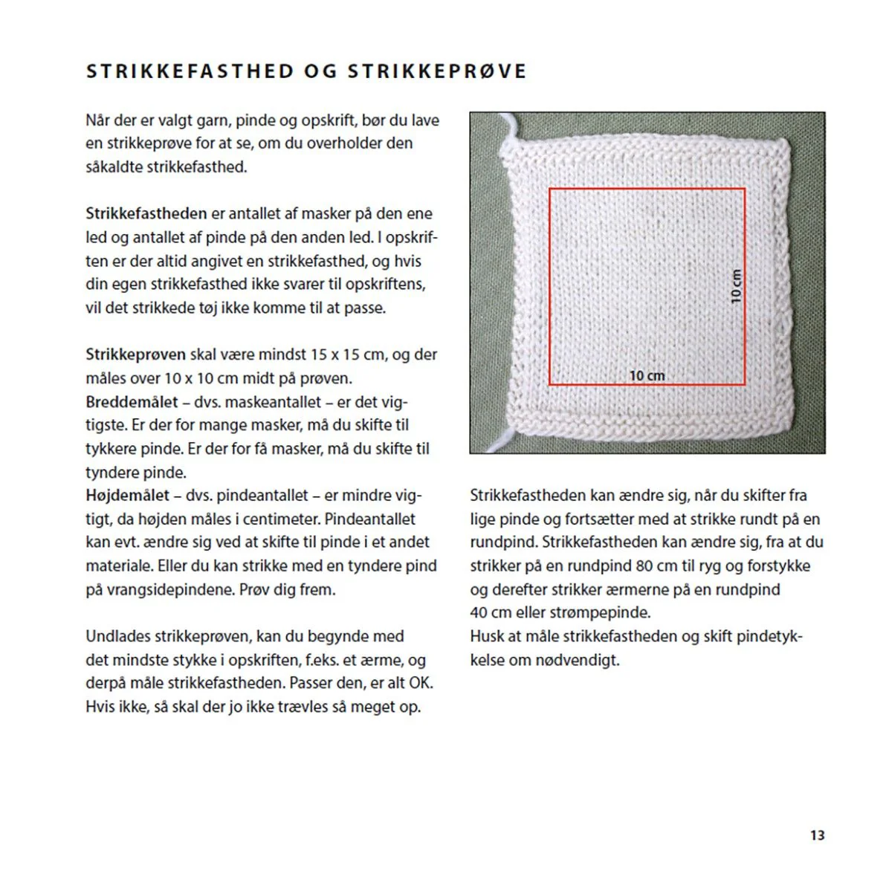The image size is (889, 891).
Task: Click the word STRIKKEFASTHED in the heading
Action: click(190, 71)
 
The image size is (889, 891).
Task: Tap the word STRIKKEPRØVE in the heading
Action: click(437, 71)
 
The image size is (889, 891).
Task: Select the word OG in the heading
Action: click(321, 71)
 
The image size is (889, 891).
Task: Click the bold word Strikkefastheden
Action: click(146, 214)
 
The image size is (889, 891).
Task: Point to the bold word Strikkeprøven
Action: click(135, 354)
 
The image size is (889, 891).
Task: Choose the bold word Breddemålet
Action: click(132, 402)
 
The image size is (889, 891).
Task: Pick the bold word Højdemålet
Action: click(128, 496)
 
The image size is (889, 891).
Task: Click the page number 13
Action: click(817, 835)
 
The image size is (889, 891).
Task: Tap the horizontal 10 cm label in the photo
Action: click(647, 376)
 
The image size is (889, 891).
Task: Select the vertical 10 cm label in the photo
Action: click(736, 286)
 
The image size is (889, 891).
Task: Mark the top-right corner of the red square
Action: click(745, 189)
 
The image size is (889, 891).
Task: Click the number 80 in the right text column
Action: click(644, 566)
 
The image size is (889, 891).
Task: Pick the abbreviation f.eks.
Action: click(321, 660)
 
